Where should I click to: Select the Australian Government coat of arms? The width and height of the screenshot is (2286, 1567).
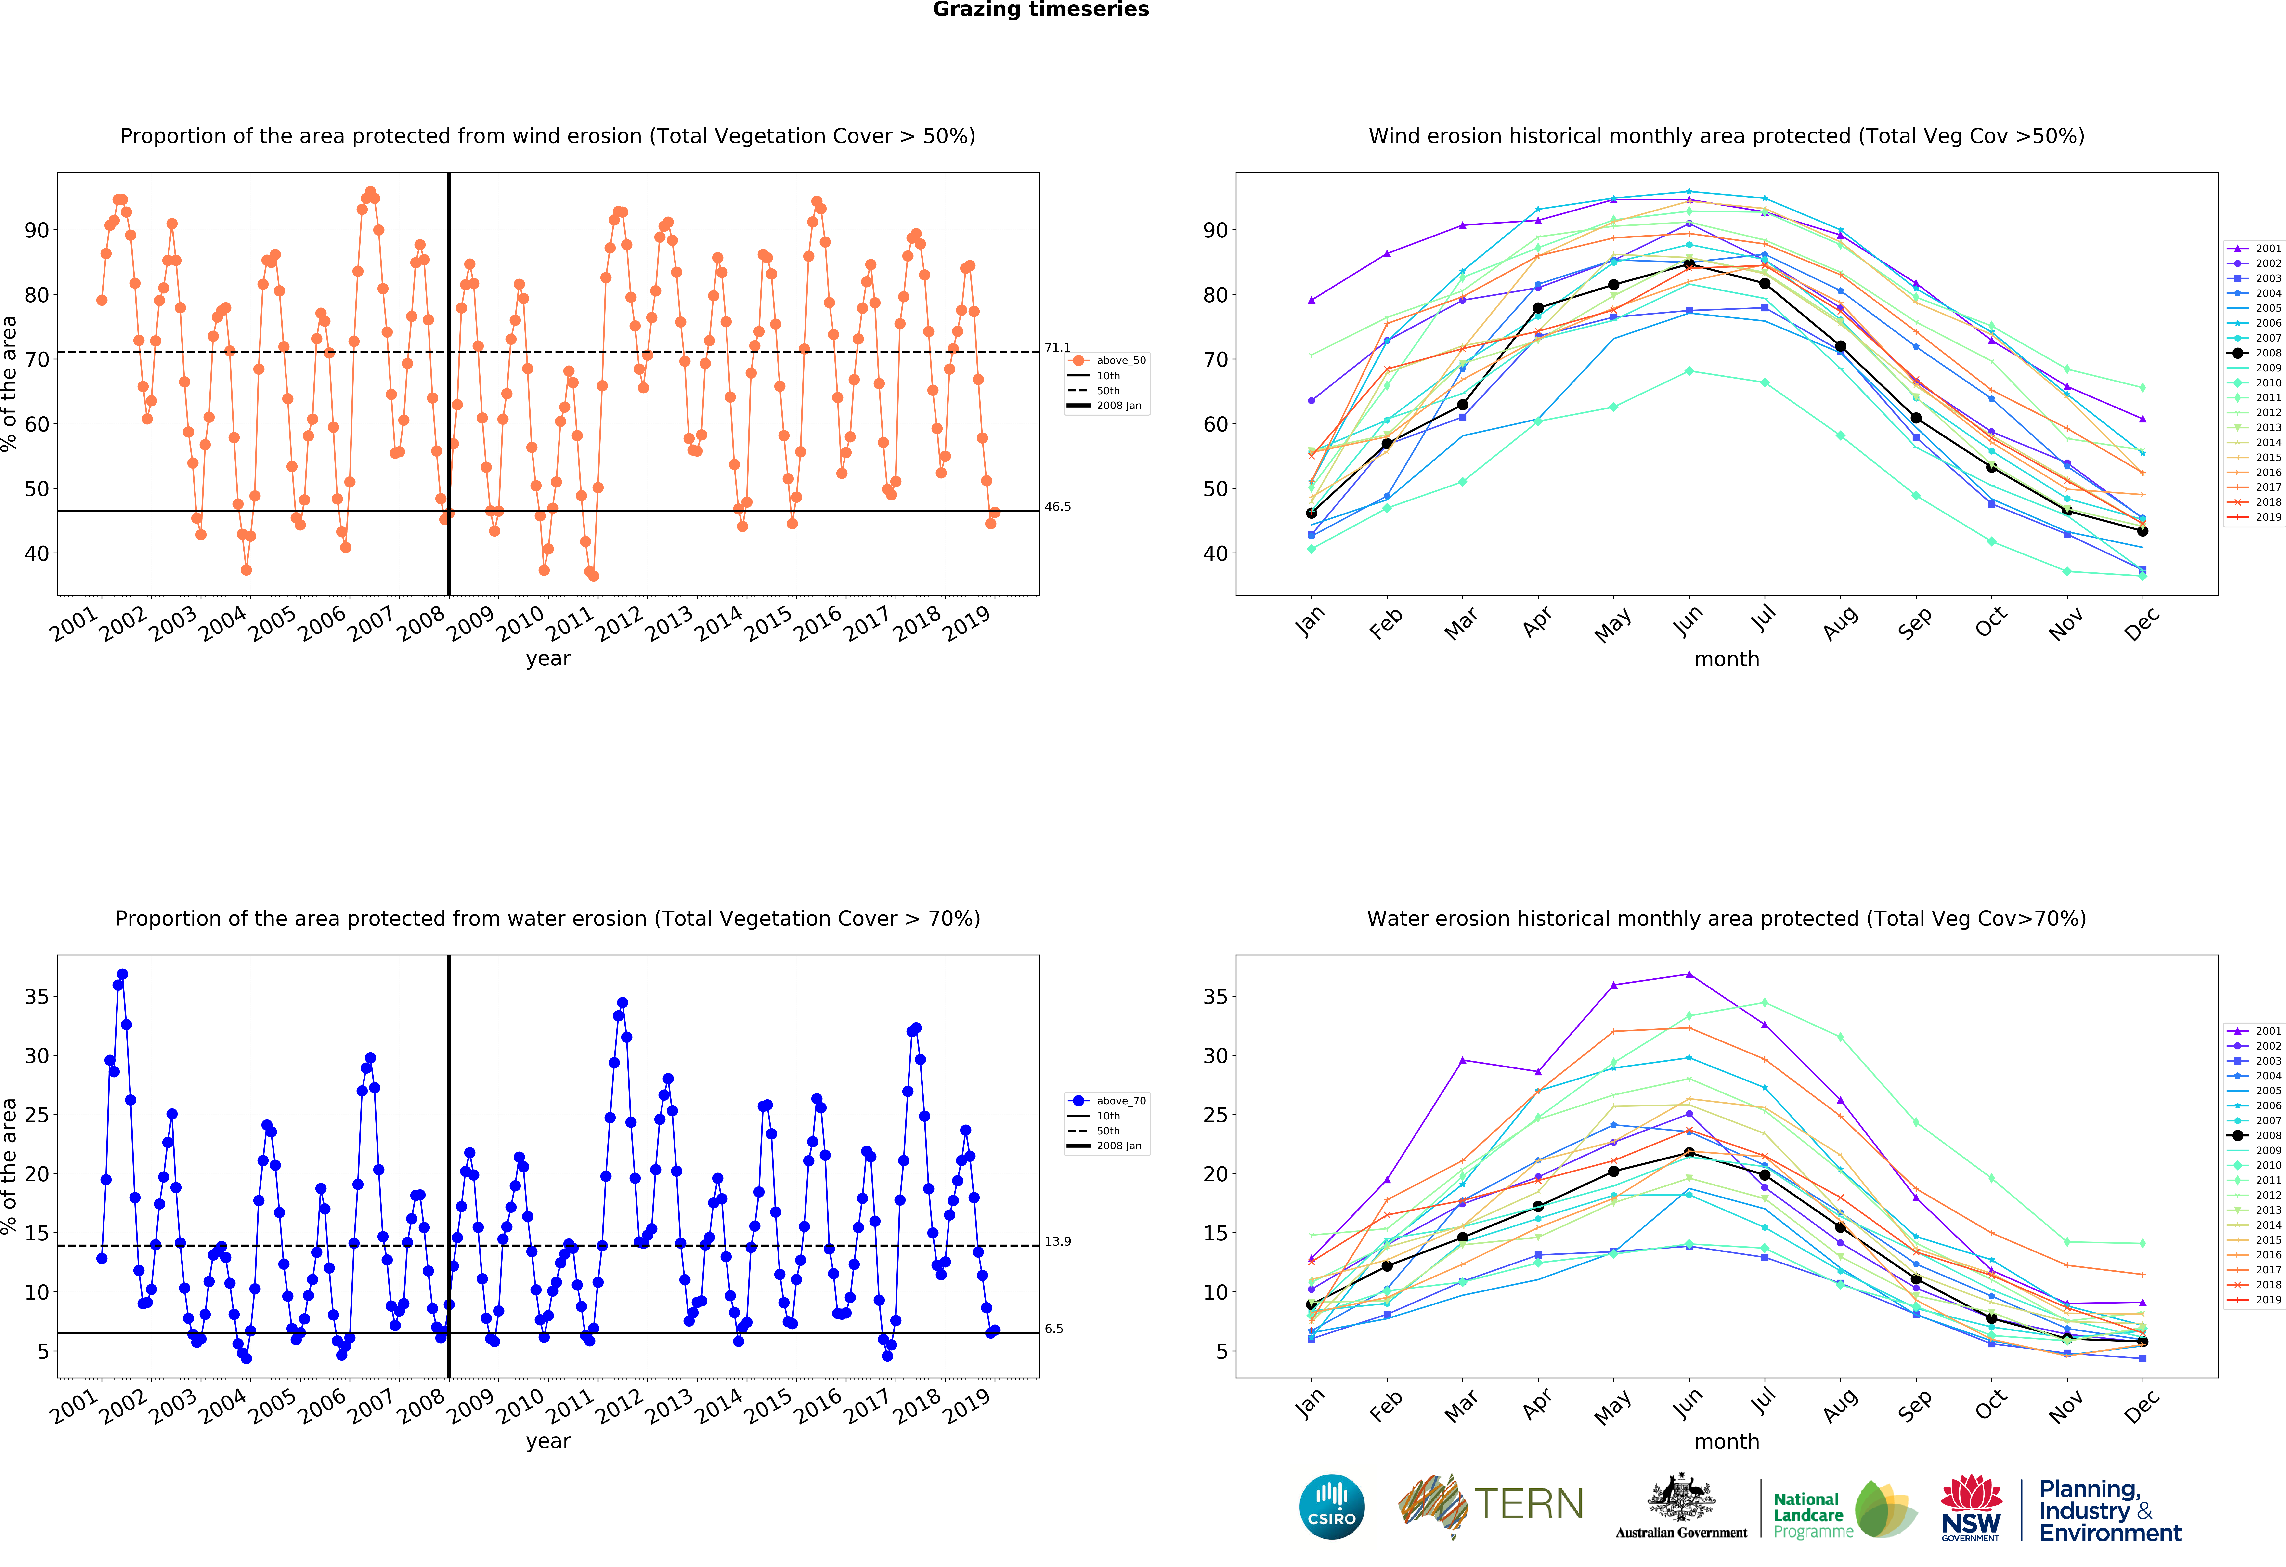[x=1681, y=1497]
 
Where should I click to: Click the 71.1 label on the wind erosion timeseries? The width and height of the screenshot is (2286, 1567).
[x=1057, y=348]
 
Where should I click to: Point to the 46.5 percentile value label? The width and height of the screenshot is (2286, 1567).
[x=1057, y=508]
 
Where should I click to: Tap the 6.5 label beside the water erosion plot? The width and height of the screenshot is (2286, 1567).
[x=1053, y=1329]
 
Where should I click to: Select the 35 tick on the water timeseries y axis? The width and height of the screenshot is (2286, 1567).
[x=36, y=997]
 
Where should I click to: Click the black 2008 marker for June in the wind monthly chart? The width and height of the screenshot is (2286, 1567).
[x=1689, y=265]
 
